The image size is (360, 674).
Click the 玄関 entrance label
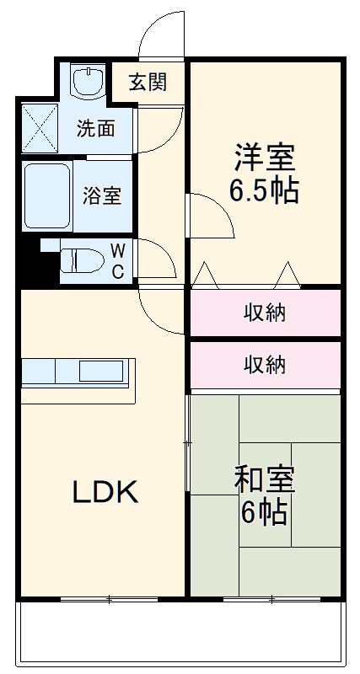tap(148, 83)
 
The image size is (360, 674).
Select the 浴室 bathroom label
tap(101, 196)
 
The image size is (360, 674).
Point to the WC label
tap(119, 260)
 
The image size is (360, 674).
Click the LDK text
tap(104, 492)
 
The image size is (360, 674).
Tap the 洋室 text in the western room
tap(264, 158)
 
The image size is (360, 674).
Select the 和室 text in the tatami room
tap(263, 479)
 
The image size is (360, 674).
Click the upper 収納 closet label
tap(264, 313)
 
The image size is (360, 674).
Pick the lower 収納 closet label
tap(264, 364)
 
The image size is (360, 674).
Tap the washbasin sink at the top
tap(85, 82)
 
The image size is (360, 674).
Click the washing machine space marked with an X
tap(38, 126)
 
